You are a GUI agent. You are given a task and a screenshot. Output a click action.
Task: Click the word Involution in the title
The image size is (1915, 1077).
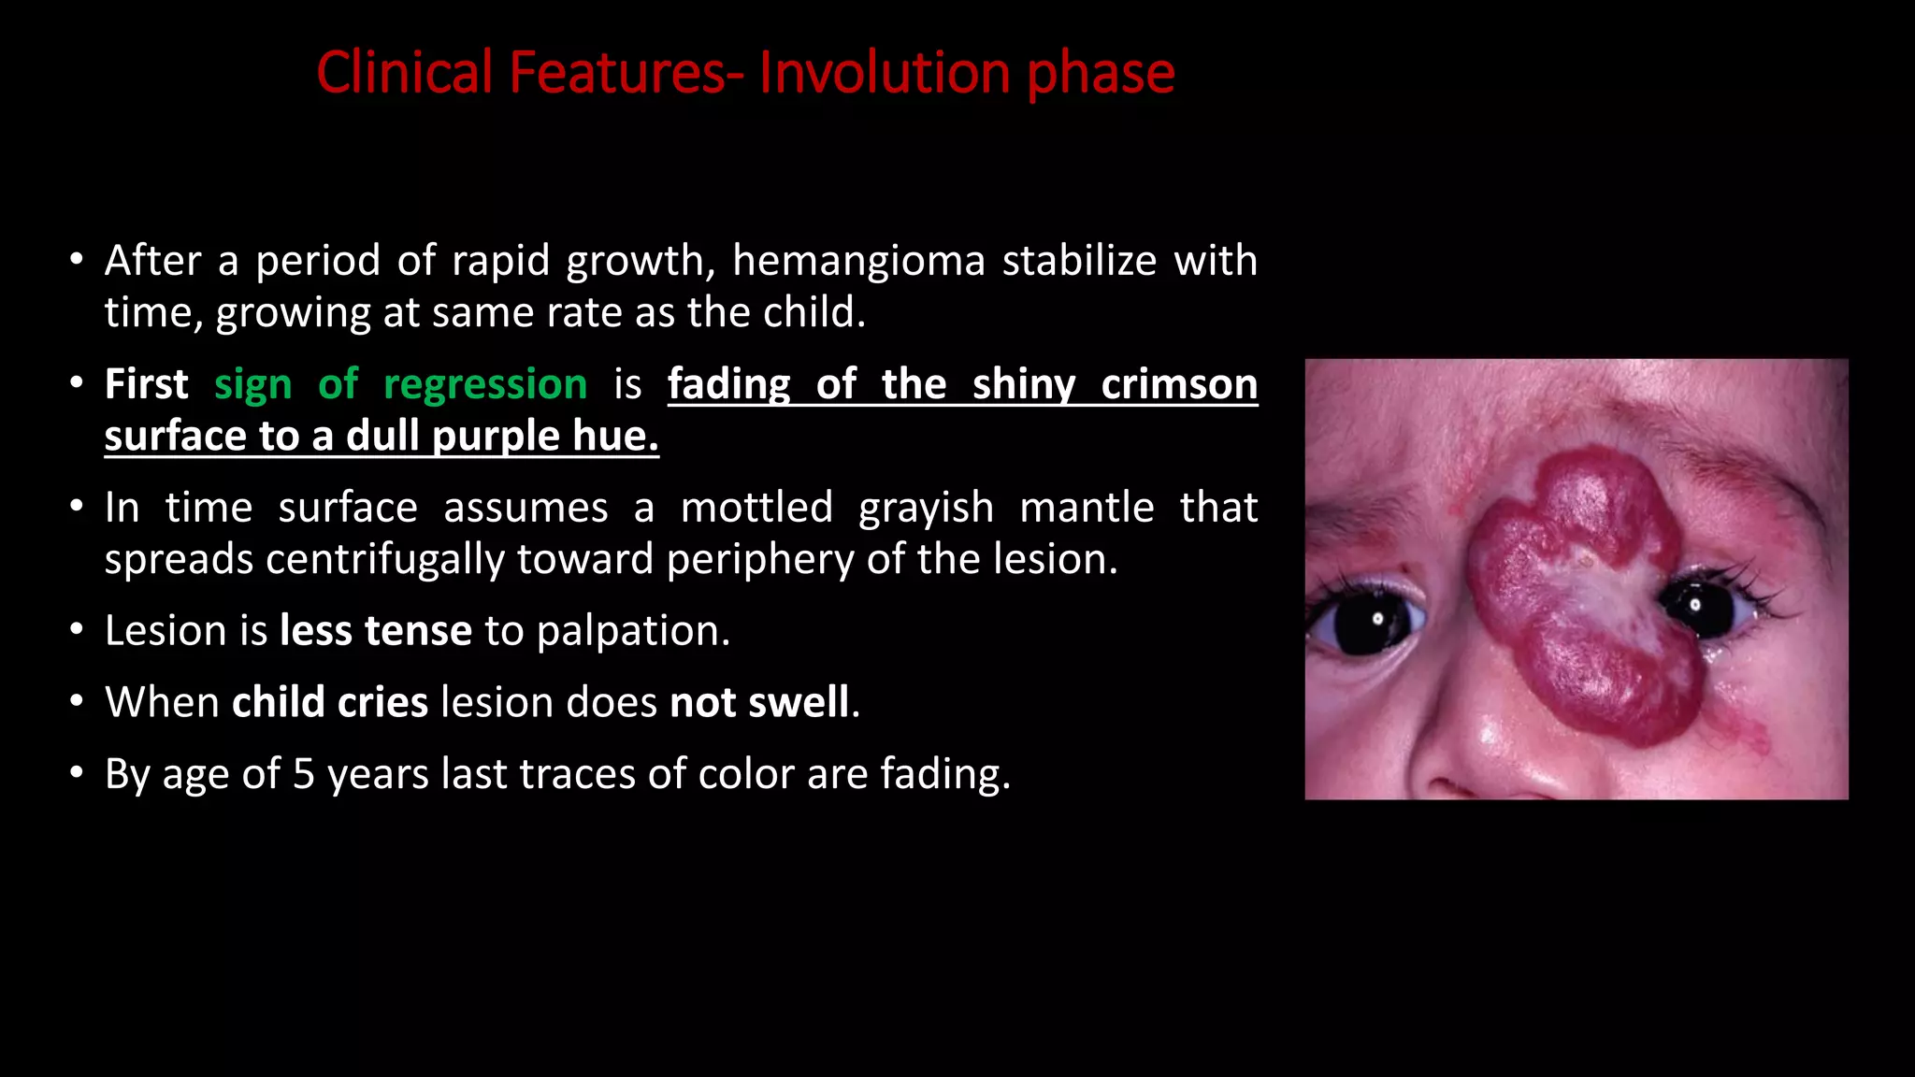[884, 73]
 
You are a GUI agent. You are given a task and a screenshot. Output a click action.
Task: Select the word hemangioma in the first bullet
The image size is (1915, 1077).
[858, 261]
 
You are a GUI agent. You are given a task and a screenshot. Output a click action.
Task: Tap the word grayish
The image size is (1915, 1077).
[926, 508]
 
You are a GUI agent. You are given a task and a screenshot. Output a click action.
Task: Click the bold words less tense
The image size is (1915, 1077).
[376, 631]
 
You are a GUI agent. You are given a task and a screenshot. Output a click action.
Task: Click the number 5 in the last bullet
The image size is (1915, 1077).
[303, 774]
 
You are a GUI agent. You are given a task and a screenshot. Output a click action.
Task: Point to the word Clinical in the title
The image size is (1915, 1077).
[404, 73]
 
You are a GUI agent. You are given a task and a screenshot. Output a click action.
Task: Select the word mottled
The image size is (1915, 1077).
[756, 508]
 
